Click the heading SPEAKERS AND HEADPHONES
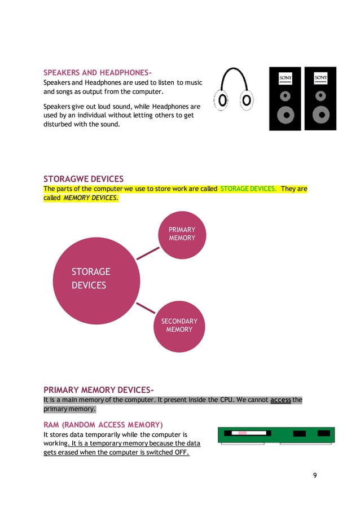(x=98, y=73)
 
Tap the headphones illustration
(x=234, y=90)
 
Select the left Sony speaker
(x=285, y=99)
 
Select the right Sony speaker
(x=321, y=99)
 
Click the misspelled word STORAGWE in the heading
(x=67, y=179)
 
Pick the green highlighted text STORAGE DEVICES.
(x=248, y=188)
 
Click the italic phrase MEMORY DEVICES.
(x=91, y=198)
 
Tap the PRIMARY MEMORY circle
(x=182, y=234)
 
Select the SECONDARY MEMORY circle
(x=179, y=326)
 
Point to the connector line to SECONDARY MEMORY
(x=146, y=308)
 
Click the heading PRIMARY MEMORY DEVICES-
(x=99, y=390)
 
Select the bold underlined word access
(x=280, y=400)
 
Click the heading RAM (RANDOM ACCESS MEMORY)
(x=103, y=424)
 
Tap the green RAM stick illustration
(x=276, y=435)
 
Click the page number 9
(x=315, y=475)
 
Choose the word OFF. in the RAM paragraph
(x=181, y=453)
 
